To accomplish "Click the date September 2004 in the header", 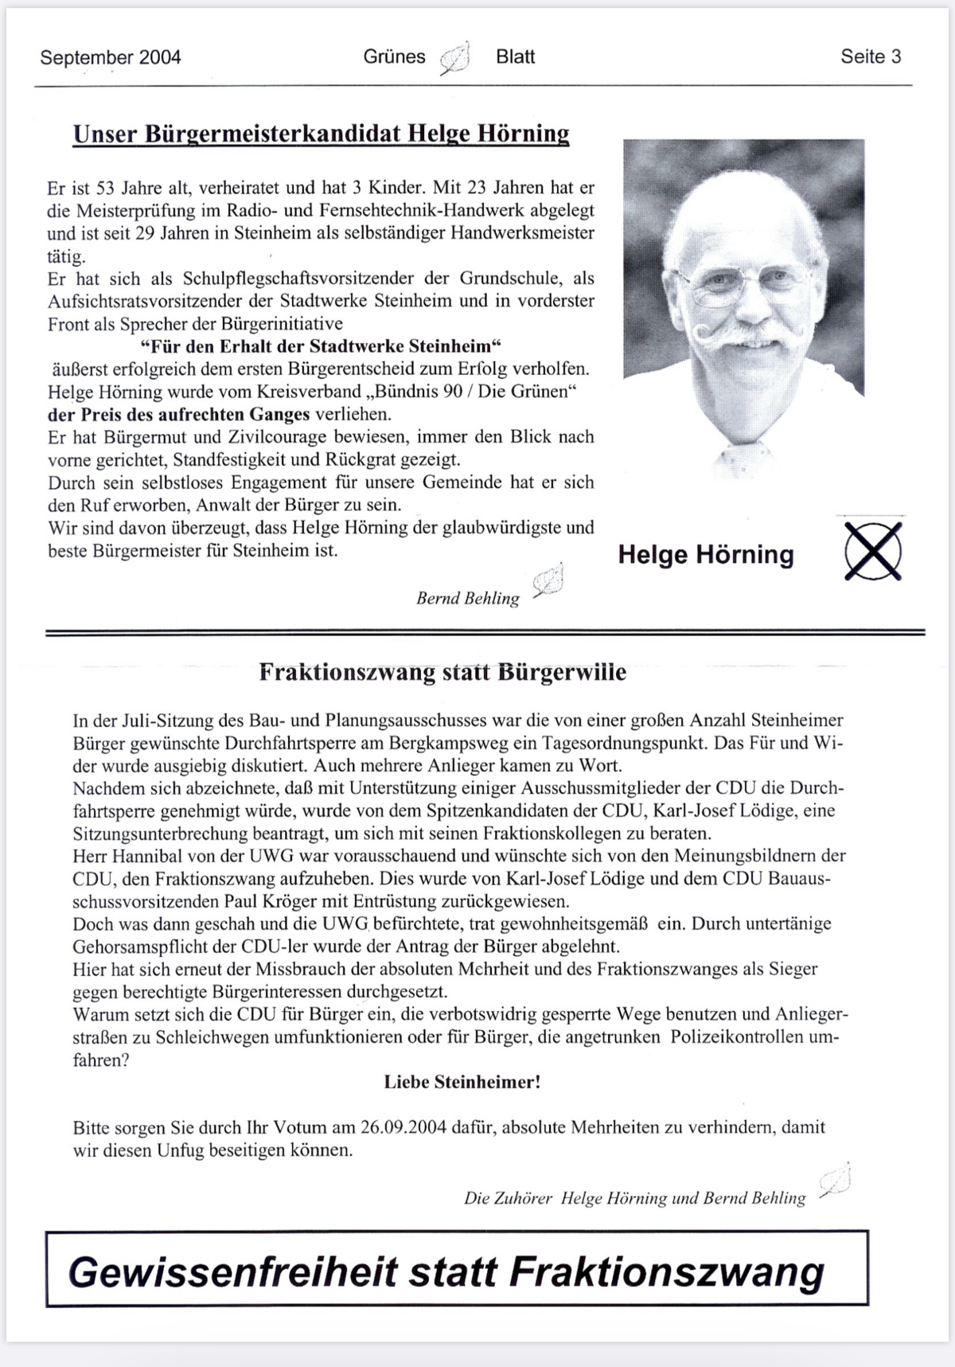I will pyautogui.click(x=111, y=57).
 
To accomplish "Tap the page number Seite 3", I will pyautogui.click(x=871, y=57).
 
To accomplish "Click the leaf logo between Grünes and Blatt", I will pyautogui.click(x=455, y=58).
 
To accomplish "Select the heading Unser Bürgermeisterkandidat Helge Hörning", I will pyautogui.click(x=321, y=133).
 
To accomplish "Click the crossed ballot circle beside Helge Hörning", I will pyautogui.click(x=873, y=551).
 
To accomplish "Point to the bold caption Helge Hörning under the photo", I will pyautogui.click(x=706, y=555).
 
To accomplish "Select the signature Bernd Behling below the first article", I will pyautogui.click(x=467, y=598).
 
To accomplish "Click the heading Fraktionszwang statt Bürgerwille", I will pyautogui.click(x=442, y=672).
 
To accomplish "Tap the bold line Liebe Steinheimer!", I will pyautogui.click(x=462, y=1082).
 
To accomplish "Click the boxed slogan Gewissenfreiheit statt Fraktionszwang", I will pyautogui.click(x=446, y=1271).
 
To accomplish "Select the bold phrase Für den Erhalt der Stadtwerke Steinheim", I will pyautogui.click(x=321, y=346).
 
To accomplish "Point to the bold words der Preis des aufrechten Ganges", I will pyautogui.click(x=179, y=414).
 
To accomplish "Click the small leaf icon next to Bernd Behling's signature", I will pyautogui.click(x=548, y=581).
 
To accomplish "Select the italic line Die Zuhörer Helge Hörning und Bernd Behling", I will pyautogui.click(x=634, y=1197).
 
